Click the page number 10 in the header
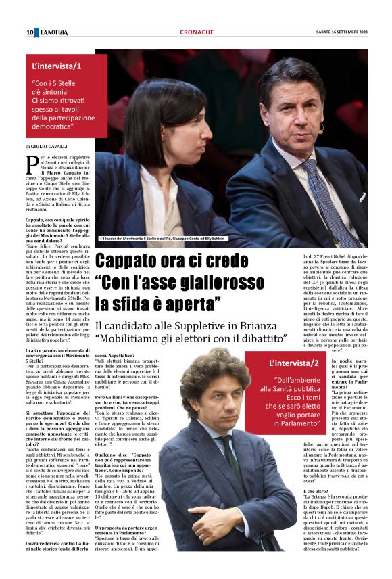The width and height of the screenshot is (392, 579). tap(30, 32)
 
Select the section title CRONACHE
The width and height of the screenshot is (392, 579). tap(197, 32)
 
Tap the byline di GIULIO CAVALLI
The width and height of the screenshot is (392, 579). tap(48, 146)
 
